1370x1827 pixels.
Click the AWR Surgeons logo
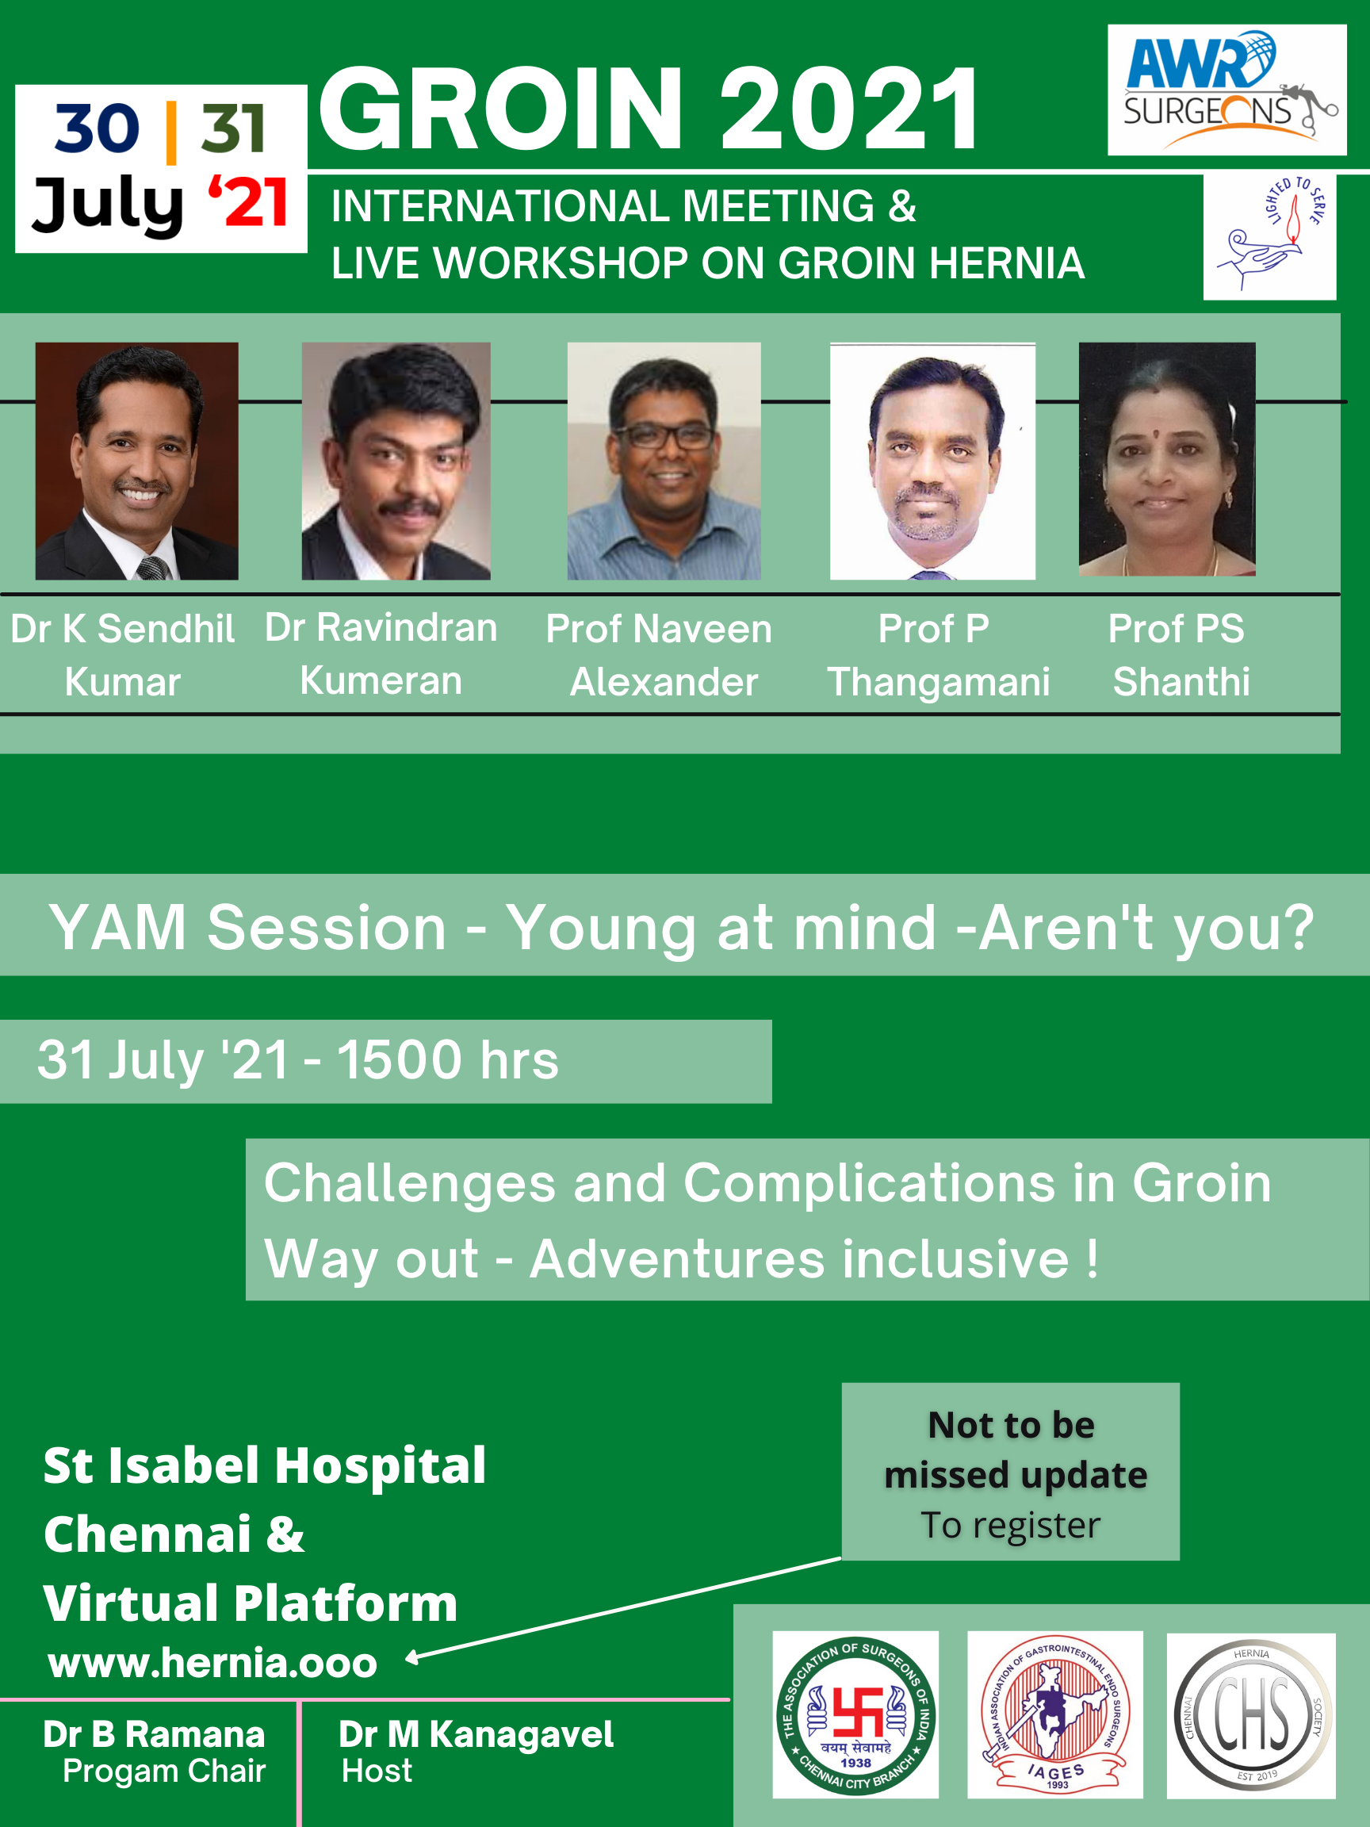coord(1227,90)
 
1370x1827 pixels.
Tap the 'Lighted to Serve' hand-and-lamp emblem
coord(1270,236)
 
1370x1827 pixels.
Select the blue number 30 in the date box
coord(98,128)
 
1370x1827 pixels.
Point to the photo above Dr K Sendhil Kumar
coord(137,461)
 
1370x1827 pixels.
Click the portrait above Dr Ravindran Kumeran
coord(396,461)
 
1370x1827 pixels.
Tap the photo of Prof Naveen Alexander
coord(664,461)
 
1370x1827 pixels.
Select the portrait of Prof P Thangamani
coord(932,461)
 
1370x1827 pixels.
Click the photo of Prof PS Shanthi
coord(1167,459)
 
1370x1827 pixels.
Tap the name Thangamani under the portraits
coord(939,682)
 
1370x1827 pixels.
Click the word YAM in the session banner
coord(118,928)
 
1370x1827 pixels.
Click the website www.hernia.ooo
coord(213,1663)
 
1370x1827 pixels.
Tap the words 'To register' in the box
coord(1011,1526)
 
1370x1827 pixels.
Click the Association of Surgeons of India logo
coord(855,1714)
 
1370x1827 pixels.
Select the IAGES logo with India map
coord(1055,1714)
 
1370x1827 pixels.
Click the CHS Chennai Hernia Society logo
coord(1251,1715)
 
